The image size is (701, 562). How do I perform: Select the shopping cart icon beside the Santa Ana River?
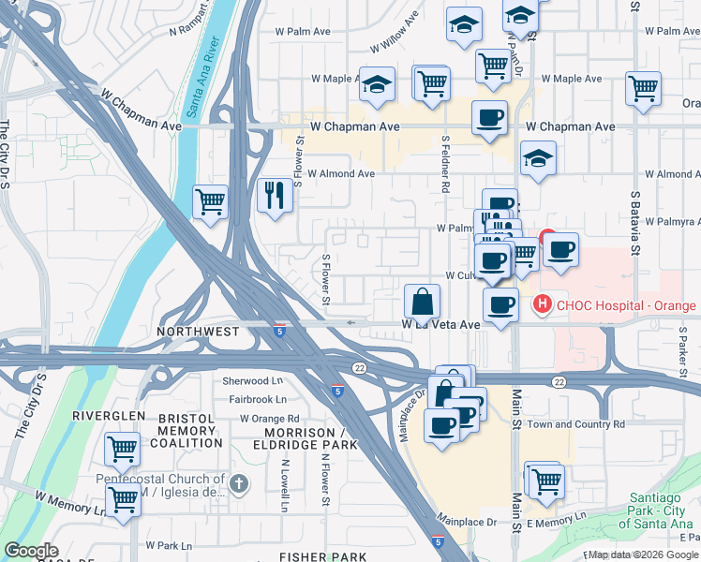[211, 201]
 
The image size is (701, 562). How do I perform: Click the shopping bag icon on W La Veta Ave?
[423, 302]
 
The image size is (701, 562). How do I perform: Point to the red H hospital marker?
[542, 304]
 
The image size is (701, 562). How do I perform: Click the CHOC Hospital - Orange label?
[626, 305]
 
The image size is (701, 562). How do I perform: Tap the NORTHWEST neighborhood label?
[198, 332]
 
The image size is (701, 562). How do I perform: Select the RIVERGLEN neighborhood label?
[109, 415]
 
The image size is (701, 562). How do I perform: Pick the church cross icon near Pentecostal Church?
[239, 483]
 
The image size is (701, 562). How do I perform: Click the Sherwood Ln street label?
[252, 381]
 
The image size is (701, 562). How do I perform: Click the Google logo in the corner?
[31, 551]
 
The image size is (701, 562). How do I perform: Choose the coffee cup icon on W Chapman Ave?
[489, 119]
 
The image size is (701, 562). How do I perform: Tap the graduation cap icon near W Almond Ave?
[538, 159]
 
